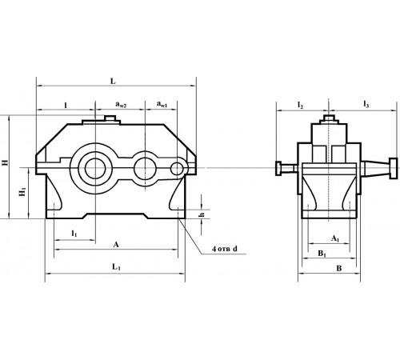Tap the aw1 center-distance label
[x=162, y=105]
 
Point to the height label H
[x=6, y=163]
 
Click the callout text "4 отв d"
[x=227, y=251]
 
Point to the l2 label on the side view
[x=300, y=105]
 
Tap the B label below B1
[x=338, y=270]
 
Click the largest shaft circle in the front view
[x=95, y=168]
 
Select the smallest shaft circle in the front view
[x=178, y=168]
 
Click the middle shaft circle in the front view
[x=145, y=168]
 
